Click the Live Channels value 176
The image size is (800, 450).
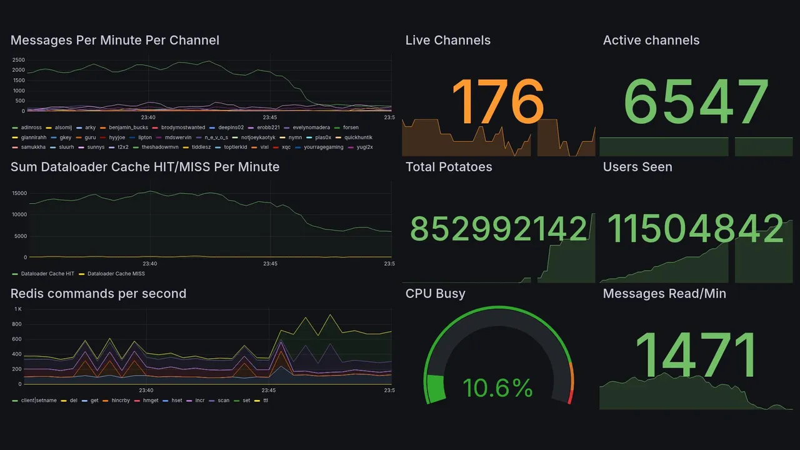(497, 101)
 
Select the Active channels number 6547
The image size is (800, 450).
(696, 101)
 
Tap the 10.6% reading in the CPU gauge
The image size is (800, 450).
(497, 388)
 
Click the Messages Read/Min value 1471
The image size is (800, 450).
(696, 355)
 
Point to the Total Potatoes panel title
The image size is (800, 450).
(449, 167)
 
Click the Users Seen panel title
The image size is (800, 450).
(637, 167)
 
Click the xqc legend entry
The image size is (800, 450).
(286, 147)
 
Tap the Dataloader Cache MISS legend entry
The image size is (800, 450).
(116, 274)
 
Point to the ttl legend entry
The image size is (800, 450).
(265, 400)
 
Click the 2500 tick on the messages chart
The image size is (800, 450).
(18, 60)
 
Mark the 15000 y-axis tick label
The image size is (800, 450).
(19, 193)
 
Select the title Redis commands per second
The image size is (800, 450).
(99, 294)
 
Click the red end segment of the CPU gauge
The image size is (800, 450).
(569, 396)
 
